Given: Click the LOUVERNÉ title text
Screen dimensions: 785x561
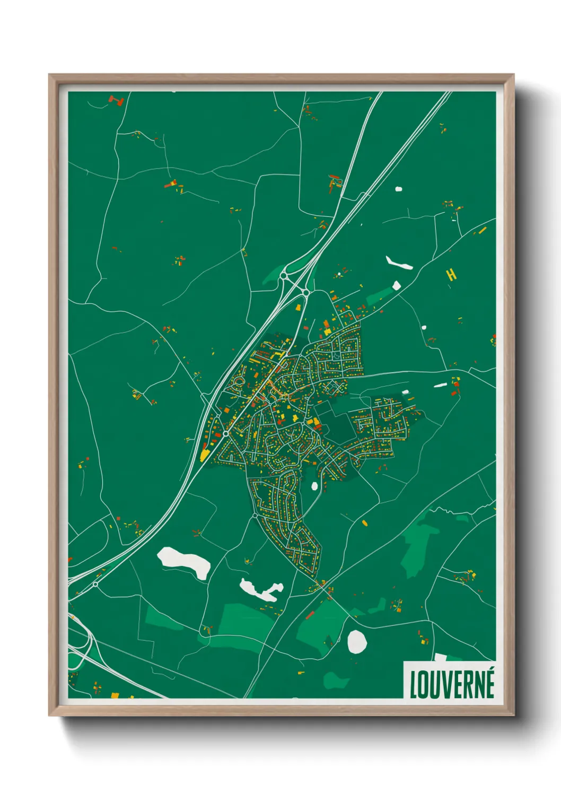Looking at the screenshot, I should (x=452, y=684).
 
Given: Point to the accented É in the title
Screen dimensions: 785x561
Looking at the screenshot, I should (x=489, y=683).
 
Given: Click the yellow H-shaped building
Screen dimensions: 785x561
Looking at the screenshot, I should (x=451, y=274).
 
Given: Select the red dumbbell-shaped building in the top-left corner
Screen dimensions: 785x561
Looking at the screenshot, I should (x=116, y=100).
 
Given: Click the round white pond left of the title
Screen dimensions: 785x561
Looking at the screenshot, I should (x=357, y=641).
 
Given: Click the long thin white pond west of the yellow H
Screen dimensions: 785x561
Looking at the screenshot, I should (x=399, y=263).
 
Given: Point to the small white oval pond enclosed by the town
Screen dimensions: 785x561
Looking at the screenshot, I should (x=314, y=485).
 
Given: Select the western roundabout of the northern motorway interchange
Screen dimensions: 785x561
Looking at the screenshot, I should (x=284, y=276).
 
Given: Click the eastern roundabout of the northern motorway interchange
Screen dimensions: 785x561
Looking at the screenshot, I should (x=306, y=292).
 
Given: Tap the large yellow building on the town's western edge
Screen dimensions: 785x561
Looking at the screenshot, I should (x=205, y=455).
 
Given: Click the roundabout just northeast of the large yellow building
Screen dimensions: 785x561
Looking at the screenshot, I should (x=226, y=433).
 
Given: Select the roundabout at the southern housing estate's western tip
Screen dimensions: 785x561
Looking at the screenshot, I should (x=255, y=515).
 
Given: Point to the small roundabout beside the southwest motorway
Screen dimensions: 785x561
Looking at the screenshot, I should (x=95, y=584).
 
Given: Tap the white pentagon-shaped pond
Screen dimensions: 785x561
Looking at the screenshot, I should (x=396, y=286).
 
